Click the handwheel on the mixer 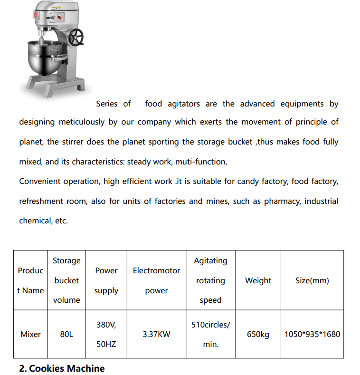76,37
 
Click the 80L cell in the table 66,334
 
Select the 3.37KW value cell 156,334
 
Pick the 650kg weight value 258,334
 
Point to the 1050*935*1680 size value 312,334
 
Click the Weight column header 258,280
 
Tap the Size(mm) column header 312,280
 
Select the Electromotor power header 156,280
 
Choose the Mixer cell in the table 30,334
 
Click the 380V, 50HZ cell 106,334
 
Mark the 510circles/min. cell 210,334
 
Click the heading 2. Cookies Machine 62,368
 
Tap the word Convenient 39,182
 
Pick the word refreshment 42,201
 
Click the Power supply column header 106,280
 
